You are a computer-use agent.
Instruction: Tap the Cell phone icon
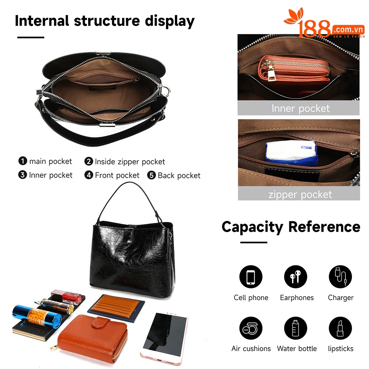[251, 277]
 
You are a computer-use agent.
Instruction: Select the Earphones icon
[295, 277]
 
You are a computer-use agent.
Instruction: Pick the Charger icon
[340, 277]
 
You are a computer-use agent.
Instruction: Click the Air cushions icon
[251, 328]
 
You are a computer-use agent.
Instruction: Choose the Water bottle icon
[295, 328]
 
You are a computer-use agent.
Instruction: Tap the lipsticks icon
[340, 328]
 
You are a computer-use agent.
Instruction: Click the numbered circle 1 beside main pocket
[23, 161]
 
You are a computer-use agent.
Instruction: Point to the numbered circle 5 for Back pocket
[151, 175]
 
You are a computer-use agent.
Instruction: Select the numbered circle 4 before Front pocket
[89, 175]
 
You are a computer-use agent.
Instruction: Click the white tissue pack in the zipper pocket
[292, 152]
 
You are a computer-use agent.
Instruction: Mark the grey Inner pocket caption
[299, 108]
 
